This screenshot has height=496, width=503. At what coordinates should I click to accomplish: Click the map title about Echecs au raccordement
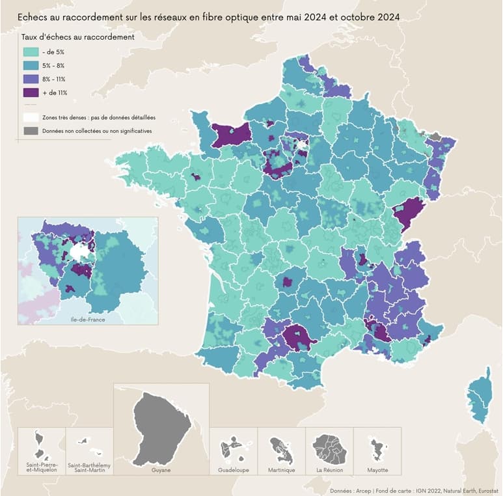(x=208, y=16)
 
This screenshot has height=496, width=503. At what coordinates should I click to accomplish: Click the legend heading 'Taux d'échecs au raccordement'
(x=78, y=37)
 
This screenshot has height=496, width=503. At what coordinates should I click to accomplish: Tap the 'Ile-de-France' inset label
(x=88, y=320)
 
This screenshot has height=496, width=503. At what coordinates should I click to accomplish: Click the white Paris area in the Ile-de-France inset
(x=80, y=252)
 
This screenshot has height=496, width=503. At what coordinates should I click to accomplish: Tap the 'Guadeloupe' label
(x=234, y=470)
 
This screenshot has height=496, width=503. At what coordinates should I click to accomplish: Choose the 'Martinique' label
(x=281, y=470)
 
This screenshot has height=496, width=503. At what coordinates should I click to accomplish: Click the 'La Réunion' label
(x=329, y=470)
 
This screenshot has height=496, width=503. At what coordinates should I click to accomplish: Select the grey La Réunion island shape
(x=329, y=448)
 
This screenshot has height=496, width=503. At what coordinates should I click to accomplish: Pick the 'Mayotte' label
(x=377, y=470)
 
